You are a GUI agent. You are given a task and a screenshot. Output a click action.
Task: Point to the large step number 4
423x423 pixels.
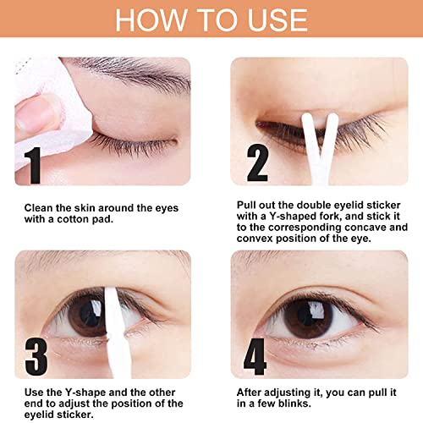pyautogui.click(x=255, y=356)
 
